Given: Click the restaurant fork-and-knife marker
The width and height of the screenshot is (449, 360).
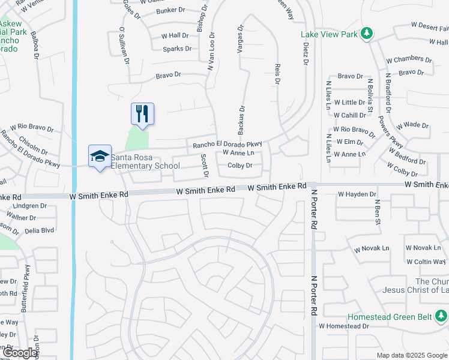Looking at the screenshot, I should [142, 112].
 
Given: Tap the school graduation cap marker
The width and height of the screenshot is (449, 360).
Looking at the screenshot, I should [99, 156].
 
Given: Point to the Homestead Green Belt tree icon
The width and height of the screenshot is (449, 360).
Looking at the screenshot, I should [441, 316].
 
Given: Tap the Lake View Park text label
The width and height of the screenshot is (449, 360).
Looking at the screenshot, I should [329, 34].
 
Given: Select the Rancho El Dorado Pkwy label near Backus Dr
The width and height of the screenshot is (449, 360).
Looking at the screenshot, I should [228, 145].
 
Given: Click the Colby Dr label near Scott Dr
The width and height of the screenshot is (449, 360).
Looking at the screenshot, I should [240, 165].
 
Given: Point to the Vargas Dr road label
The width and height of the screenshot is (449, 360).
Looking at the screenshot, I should [240, 40].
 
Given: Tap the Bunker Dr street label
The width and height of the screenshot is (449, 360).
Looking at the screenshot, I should [171, 11].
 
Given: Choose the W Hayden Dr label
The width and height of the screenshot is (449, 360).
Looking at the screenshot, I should [357, 194].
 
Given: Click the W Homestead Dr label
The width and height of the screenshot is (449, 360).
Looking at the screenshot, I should [344, 326].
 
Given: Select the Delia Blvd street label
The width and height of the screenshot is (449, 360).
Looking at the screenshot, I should [40, 230].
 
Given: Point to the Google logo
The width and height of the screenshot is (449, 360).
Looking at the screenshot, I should [20, 353].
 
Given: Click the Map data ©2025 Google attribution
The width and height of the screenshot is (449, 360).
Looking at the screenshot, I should [412, 355].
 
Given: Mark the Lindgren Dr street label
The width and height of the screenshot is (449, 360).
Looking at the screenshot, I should [30, 205].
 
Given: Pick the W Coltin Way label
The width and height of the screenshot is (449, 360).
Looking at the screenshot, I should [427, 262].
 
